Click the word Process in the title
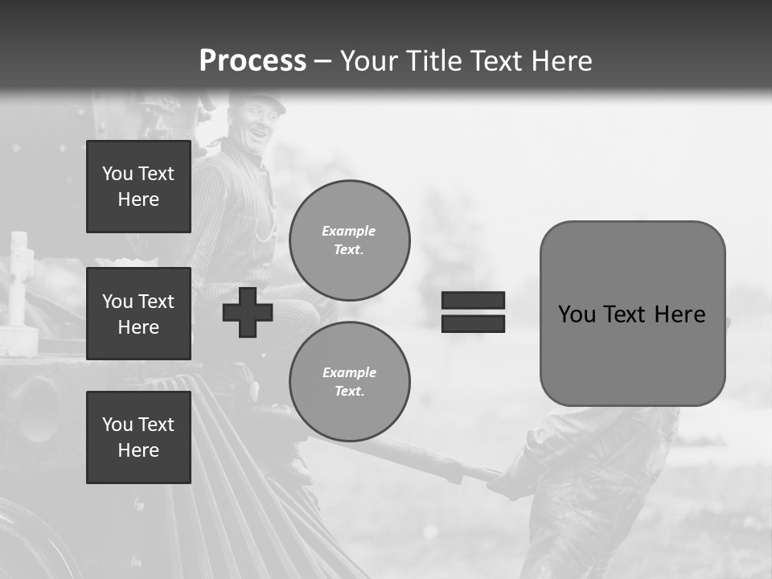coord(253,61)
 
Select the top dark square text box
coord(138,187)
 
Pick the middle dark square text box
coord(138,314)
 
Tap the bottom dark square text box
coord(138,437)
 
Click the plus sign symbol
coord(248,312)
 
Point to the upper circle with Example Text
coord(349,240)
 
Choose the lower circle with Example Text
coord(349,382)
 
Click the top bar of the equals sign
coord(474,300)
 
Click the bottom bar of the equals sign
coord(474,323)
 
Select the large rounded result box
coord(632,314)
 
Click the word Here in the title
coord(561,61)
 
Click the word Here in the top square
coord(138,199)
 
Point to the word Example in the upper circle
coord(349,231)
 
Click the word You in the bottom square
coord(117,425)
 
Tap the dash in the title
coord(322,61)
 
